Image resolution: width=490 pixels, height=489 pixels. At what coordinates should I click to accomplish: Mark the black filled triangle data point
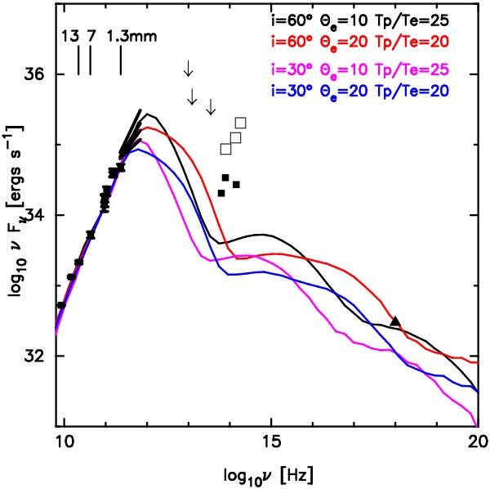[395, 321]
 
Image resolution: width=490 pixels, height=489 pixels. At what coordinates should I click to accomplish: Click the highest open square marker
[240, 123]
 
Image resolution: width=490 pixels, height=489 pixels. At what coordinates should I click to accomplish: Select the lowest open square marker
[225, 149]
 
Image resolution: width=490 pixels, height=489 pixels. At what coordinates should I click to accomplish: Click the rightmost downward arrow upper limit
[211, 105]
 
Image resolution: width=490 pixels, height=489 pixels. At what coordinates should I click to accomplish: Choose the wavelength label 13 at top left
[70, 37]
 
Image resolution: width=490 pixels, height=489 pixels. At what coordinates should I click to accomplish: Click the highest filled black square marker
[225, 177]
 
